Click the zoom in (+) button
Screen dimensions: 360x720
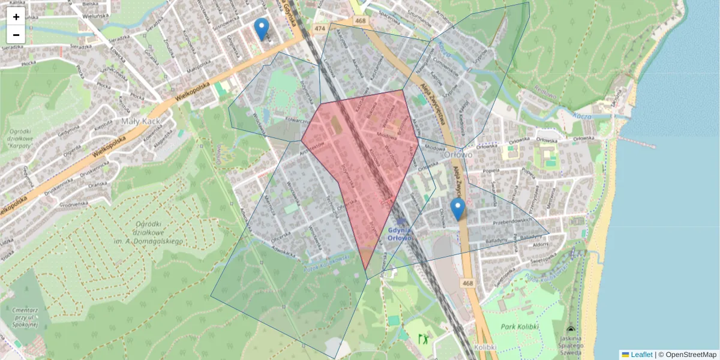[16, 17]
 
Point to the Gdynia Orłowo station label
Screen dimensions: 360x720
[399, 233]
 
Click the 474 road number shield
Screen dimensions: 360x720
[320, 28]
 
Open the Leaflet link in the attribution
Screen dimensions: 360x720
[641, 355]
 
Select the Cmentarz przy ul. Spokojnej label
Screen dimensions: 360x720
[25, 316]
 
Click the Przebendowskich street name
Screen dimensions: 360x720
[512, 221]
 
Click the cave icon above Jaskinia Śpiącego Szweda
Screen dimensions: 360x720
[570, 330]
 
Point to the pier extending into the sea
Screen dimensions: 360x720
[636, 142]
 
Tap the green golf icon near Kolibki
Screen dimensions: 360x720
[424, 338]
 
